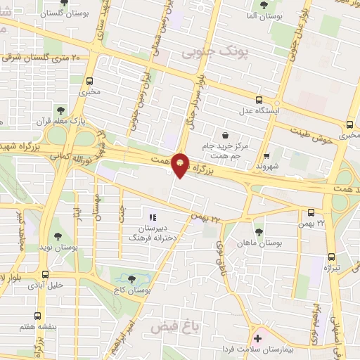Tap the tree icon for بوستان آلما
pos(264,5)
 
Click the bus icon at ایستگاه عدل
pos(259,100)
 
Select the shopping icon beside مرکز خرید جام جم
pos(224,135)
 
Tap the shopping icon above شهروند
pos(266,156)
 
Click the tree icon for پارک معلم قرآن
pos(60,110)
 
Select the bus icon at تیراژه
pos(331,257)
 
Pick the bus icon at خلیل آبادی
pos(46,274)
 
